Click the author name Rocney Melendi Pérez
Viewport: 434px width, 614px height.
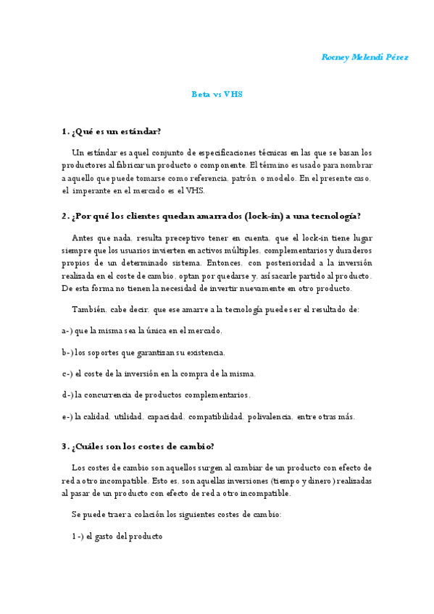[364, 57]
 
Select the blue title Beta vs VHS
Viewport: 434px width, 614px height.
[217, 94]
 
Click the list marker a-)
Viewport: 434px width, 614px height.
[67, 330]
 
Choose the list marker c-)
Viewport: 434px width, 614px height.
[67, 374]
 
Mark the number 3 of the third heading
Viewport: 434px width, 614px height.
[65, 445]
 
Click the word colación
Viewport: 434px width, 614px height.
[149, 515]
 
